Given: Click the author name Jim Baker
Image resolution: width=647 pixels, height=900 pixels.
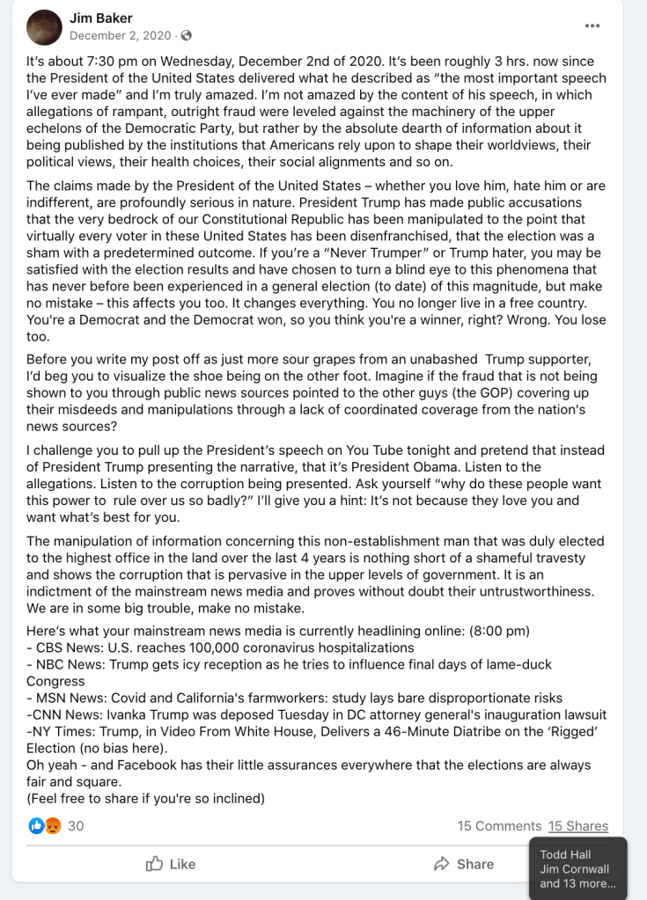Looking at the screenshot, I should [102, 18].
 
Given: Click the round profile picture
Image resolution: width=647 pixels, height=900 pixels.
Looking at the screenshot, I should [44, 27].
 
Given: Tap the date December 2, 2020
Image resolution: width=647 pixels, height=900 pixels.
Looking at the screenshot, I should [121, 36].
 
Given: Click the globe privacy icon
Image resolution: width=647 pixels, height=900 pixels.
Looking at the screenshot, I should [186, 36].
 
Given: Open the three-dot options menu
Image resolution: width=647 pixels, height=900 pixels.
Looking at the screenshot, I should [592, 26].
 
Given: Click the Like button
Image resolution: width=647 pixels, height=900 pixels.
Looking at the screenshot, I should [171, 864].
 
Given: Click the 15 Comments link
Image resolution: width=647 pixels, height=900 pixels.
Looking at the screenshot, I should [499, 826].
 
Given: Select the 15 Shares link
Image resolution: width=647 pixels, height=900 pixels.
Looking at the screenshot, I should [577, 826].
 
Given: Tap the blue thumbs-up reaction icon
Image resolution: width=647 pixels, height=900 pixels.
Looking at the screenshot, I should [37, 826].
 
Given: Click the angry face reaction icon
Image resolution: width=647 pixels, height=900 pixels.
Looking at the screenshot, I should [53, 826].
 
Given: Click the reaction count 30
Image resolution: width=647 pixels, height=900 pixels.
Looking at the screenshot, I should [76, 826].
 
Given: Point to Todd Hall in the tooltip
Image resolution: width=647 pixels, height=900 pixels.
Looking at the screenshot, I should [565, 854].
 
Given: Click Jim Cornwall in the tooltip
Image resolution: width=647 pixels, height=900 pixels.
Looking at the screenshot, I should [574, 869].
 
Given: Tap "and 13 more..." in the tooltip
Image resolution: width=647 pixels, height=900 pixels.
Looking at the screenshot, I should [577, 884].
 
